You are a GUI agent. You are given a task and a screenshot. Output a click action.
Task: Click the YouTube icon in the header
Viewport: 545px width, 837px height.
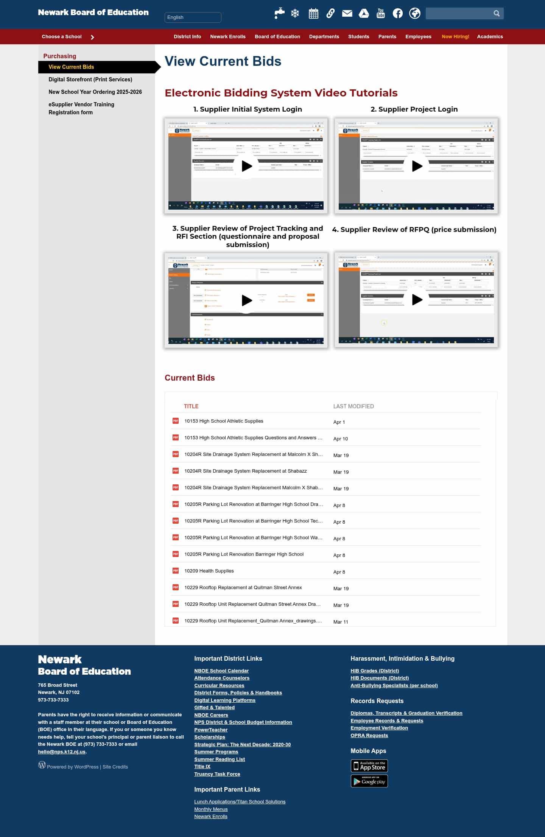(380, 14)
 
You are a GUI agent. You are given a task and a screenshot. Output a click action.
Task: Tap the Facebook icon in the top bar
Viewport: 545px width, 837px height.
(397, 14)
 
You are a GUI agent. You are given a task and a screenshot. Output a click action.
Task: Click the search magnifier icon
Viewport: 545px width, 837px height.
(496, 14)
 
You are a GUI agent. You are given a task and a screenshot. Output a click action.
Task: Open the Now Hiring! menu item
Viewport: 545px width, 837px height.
(455, 37)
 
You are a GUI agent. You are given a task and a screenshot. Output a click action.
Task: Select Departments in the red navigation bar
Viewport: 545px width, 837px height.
(324, 37)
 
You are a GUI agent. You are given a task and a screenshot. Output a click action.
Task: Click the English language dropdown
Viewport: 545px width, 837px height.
(193, 17)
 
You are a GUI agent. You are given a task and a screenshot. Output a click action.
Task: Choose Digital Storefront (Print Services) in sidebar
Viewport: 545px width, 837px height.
(90, 79)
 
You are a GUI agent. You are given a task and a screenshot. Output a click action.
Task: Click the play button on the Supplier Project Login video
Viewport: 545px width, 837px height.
(417, 166)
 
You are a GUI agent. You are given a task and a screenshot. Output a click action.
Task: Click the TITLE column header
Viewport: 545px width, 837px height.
(191, 406)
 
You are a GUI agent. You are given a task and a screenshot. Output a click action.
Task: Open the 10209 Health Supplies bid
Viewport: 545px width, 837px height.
(209, 571)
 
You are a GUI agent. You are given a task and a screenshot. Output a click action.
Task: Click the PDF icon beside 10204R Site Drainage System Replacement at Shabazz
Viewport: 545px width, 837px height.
(176, 471)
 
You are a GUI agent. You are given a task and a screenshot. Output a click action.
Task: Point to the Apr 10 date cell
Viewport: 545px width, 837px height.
(340, 439)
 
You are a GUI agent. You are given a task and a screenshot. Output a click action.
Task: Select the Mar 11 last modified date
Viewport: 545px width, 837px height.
(340, 622)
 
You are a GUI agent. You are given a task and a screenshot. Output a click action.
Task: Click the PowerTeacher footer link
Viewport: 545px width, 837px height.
(211, 730)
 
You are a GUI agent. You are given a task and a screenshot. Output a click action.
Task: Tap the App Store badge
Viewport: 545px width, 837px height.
(369, 766)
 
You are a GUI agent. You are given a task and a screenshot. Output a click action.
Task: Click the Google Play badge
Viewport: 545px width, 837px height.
(369, 781)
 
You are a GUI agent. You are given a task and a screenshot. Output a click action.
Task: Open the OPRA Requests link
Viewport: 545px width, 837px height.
(369, 736)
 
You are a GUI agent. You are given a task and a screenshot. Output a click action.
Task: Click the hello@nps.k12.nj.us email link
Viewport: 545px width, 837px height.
(62, 752)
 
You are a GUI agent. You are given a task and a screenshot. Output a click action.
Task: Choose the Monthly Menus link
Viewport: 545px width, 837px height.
(211, 809)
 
